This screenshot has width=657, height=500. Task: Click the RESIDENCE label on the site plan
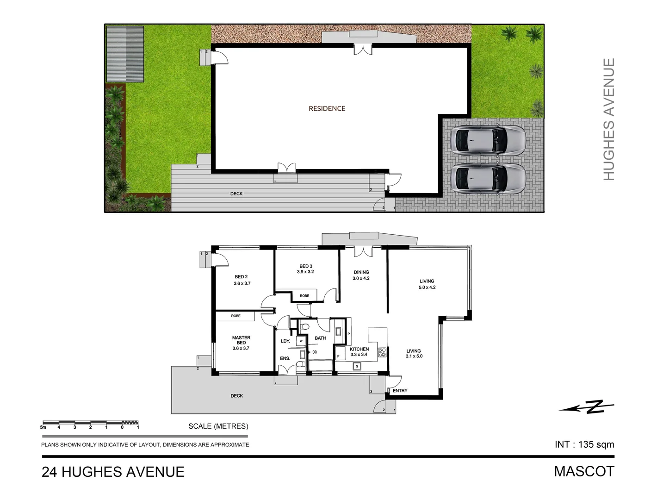[327, 108]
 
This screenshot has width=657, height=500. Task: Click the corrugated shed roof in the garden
[125, 54]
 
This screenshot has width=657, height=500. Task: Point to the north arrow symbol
[587, 407]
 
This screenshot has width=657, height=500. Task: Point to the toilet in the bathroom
[304, 328]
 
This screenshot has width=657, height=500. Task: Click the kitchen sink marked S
[357, 366]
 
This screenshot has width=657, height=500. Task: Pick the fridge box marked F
[338, 356]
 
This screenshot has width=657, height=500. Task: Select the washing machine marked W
[301, 341]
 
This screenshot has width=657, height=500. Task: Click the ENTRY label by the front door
[400, 391]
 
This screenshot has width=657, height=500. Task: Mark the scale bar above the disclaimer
[91, 423]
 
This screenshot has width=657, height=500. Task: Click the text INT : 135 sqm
[584, 444]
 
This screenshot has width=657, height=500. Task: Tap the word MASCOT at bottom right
[584, 471]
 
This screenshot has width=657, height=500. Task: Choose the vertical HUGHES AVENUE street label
[609, 119]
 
